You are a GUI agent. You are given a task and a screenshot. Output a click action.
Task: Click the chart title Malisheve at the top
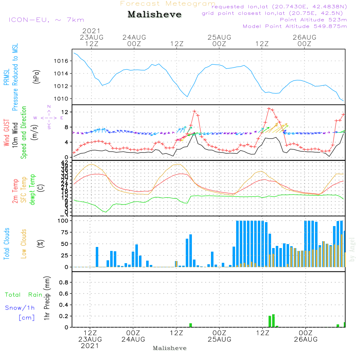154,15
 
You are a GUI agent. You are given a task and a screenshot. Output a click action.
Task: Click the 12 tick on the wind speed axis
65,112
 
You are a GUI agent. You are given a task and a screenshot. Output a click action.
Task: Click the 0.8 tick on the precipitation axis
64,282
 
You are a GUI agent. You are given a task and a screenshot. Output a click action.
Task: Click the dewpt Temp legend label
33,190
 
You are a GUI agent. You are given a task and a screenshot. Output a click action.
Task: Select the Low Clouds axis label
24,243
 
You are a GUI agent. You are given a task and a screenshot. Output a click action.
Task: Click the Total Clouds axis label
6,243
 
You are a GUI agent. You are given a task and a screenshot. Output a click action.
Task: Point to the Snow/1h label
20,308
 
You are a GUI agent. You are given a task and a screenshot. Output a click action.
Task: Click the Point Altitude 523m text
313,20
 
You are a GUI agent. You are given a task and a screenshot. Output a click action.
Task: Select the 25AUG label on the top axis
219,37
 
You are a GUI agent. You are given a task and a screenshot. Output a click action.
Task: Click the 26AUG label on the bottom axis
306,339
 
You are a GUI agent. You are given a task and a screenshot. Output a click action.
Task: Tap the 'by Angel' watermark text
352,249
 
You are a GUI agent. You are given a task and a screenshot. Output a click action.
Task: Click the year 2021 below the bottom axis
90,346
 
